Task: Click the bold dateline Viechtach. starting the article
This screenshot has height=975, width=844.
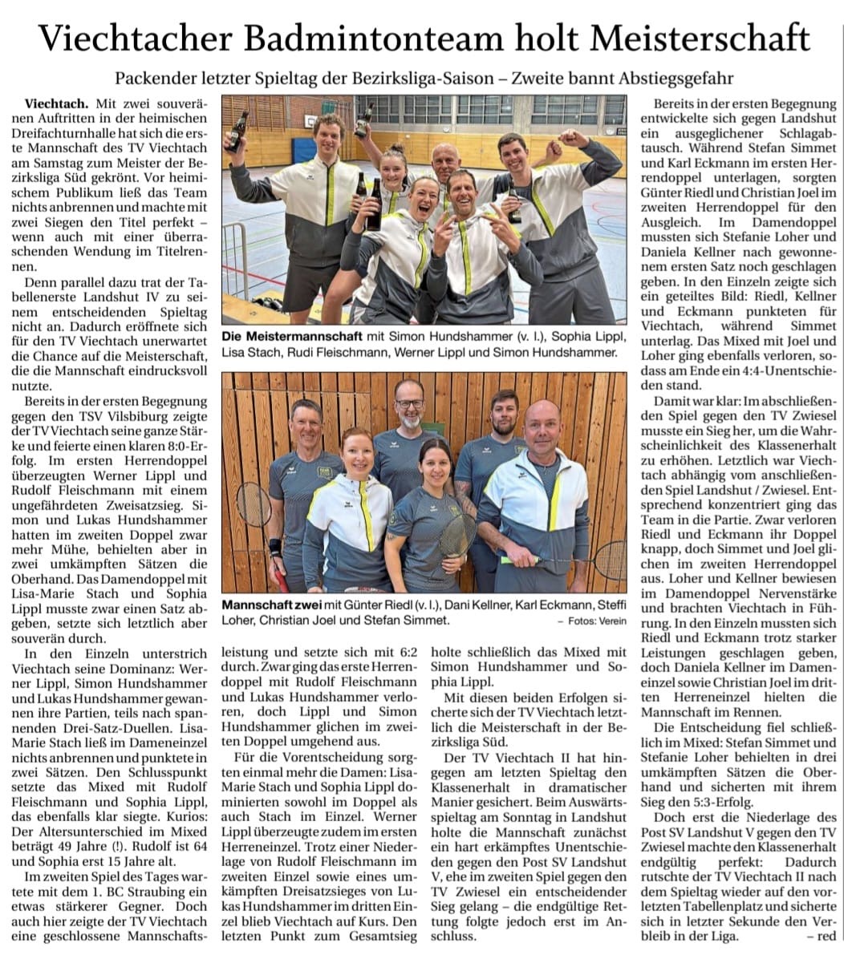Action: tap(58, 104)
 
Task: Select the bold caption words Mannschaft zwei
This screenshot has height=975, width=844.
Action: tap(266, 605)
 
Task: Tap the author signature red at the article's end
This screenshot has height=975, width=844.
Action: tap(825, 936)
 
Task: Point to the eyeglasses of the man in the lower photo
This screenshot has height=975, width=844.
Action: tap(409, 403)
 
